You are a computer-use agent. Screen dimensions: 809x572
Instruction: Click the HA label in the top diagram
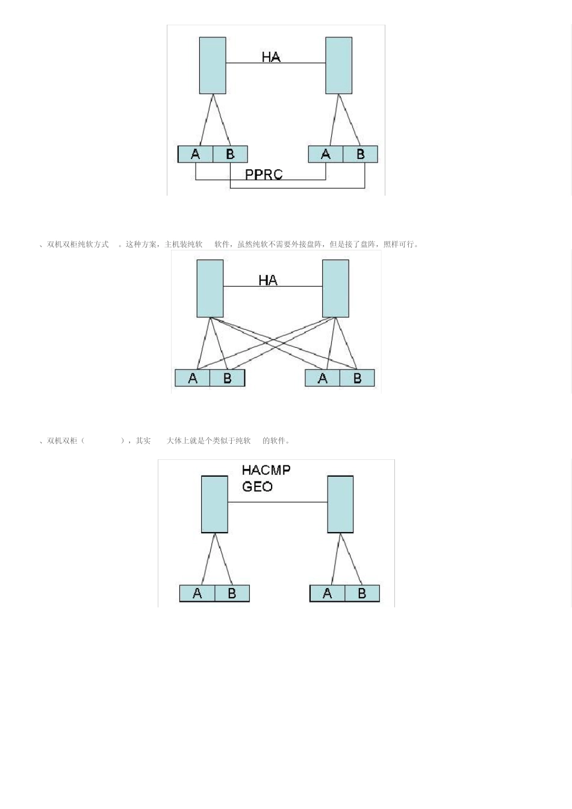[271, 57]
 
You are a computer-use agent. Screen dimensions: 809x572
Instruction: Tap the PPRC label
[264, 175]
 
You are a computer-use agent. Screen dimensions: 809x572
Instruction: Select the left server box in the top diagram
[213, 65]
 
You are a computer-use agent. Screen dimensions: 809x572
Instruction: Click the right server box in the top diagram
[338, 65]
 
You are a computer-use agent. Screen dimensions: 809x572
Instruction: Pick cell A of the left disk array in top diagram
[196, 154]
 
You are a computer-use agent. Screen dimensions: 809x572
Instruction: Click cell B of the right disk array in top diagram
[360, 154]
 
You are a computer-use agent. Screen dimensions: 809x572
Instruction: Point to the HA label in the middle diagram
[268, 280]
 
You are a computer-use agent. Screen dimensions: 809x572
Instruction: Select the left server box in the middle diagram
[210, 288]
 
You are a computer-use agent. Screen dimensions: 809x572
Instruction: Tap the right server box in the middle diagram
[335, 288]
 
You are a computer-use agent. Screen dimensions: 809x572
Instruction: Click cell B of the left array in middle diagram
[228, 378]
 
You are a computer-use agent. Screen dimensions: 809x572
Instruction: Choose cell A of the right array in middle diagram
[323, 378]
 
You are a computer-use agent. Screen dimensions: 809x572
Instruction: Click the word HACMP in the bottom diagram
[266, 470]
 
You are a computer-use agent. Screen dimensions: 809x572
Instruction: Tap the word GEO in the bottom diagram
[257, 486]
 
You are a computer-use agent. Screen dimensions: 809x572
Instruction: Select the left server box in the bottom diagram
[214, 504]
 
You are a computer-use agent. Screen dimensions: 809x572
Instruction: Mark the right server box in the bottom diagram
[340, 504]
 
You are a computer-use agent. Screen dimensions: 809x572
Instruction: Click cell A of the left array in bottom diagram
[197, 594]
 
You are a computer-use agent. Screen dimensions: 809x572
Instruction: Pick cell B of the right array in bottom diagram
[362, 594]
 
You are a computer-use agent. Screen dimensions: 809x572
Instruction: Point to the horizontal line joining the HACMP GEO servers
[278, 502]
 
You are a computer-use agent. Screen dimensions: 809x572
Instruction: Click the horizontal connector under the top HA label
[276, 63]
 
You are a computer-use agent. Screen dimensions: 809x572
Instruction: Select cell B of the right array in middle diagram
[357, 378]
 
